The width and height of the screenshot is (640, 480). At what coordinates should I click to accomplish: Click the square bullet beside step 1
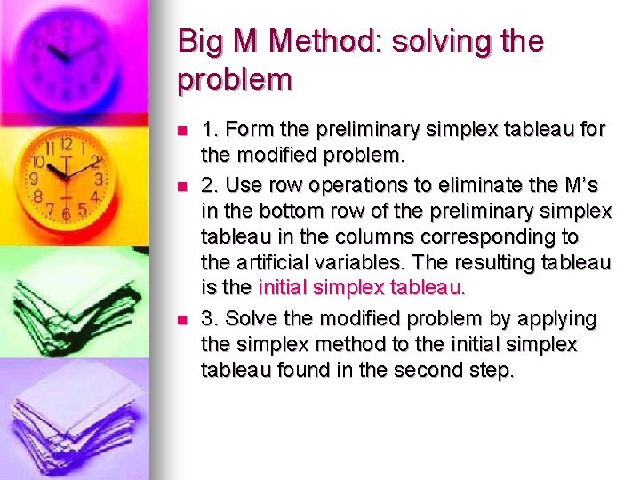[182, 131]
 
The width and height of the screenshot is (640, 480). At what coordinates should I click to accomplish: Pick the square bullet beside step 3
[182, 319]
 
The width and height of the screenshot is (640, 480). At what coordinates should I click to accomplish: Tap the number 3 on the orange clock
[100, 179]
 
